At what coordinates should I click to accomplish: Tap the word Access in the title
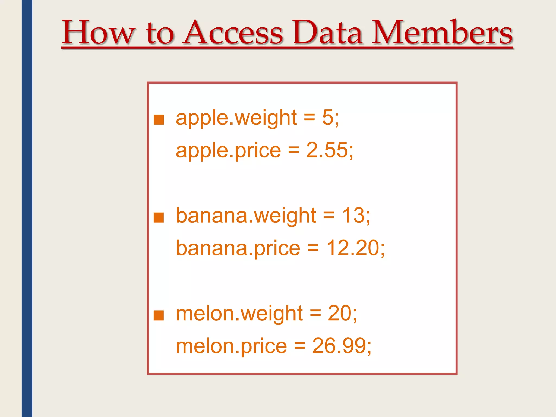tap(233, 33)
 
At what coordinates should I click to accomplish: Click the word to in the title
tap(160, 34)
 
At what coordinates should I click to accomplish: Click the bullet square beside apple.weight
tap(159, 119)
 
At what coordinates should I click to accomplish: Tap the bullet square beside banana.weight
tap(159, 217)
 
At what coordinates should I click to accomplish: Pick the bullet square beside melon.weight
tap(159, 315)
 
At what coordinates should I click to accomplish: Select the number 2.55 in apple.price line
tap(327, 150)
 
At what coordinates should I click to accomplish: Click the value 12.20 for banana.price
tap(353, 248)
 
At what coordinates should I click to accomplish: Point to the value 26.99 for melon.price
tap(339, 346)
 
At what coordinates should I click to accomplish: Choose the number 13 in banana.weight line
tap(353, 215)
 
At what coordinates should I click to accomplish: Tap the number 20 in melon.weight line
tap(339, 313)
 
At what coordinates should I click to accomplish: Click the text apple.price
tap(228, 151)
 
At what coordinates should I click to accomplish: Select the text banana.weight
tap(246, 216)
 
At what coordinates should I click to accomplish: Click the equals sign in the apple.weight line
tap(309, 118)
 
